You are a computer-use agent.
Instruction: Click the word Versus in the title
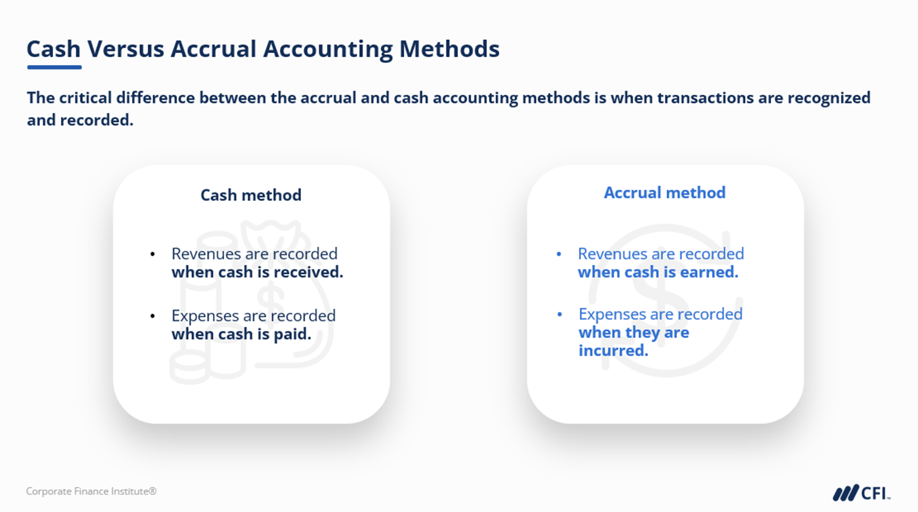point(125,49)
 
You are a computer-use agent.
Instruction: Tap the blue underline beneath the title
point(54,67)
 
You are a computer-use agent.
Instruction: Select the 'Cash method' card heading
point(251,195)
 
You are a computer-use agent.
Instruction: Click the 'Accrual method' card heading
point(664,192)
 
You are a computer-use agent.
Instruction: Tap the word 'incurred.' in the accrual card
point(613,350)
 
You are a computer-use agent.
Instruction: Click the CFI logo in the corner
point(862,493)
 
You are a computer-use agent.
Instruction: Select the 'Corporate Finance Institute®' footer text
point(91,491)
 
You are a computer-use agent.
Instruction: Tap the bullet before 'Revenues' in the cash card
point(152,254)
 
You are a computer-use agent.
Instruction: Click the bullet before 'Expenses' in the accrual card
point(560,314)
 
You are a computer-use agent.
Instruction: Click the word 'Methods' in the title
point(449,49)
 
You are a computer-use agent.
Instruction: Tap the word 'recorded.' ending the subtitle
point(97,120)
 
